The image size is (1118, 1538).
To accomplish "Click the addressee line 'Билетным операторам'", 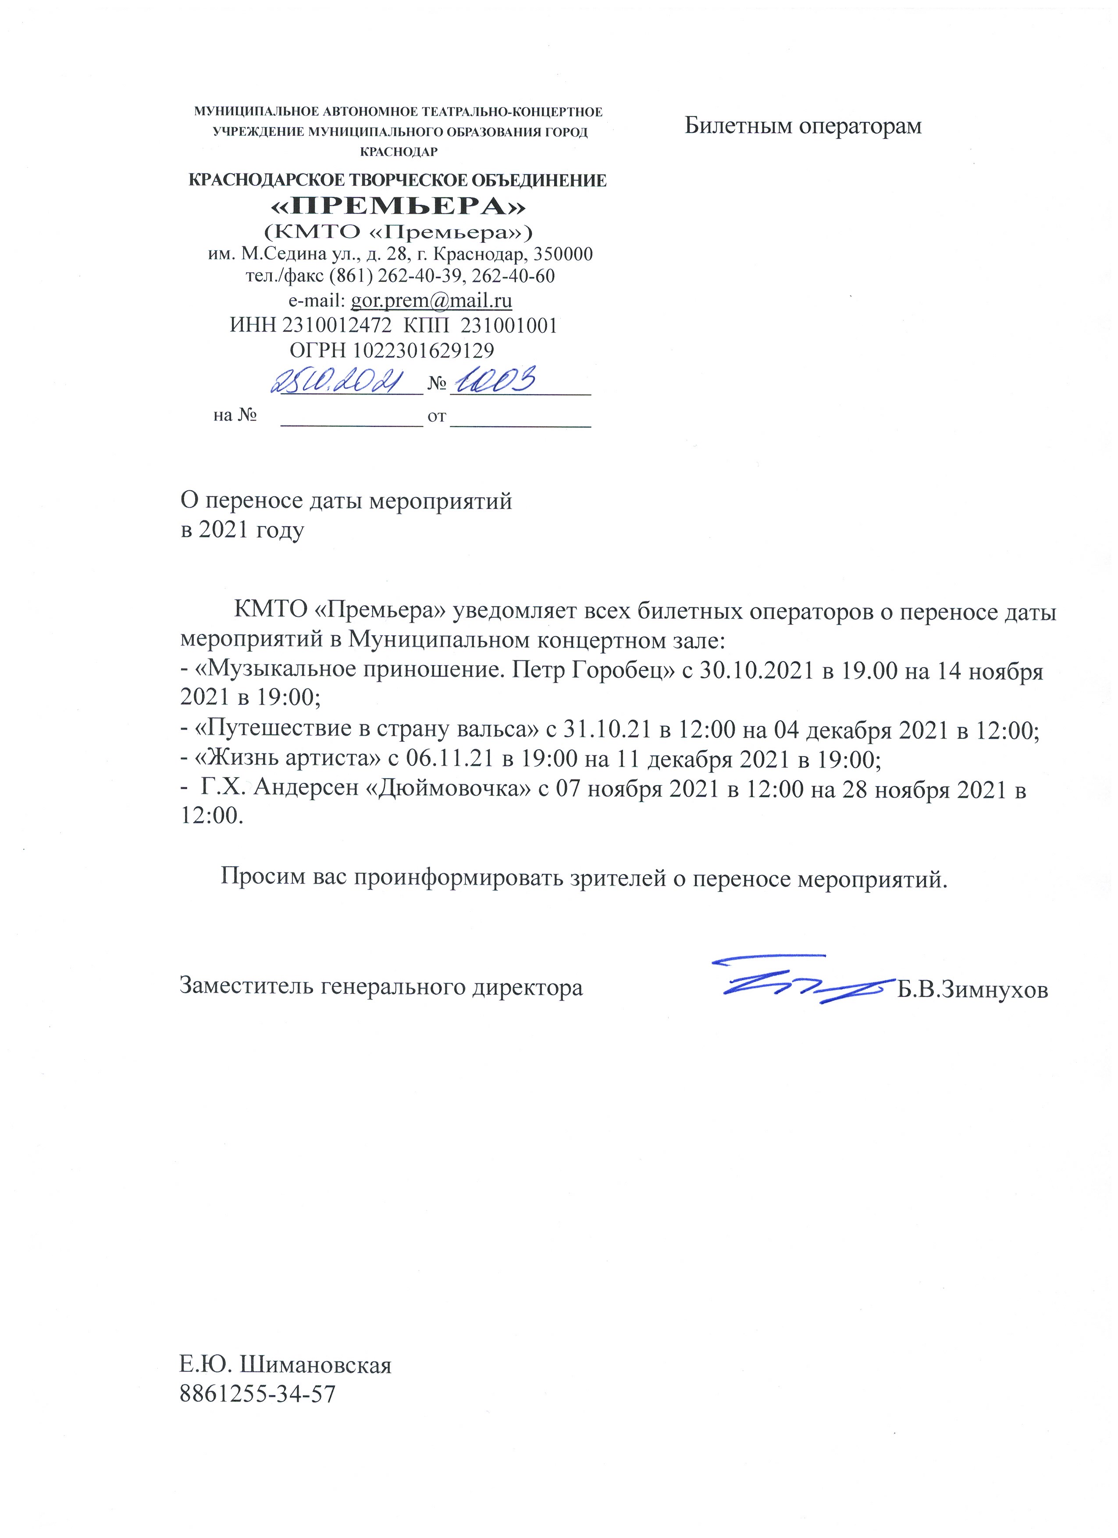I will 803,126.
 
